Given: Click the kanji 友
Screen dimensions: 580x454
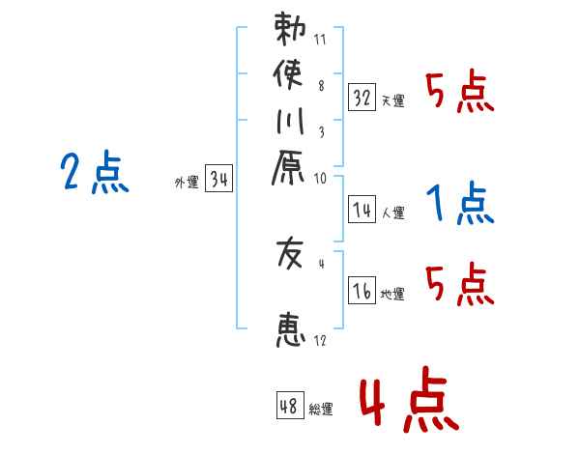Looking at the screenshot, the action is coord(289,255).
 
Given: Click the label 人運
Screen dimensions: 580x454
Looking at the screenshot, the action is coord(392,213).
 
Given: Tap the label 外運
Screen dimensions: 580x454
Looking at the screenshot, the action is coord(186,182).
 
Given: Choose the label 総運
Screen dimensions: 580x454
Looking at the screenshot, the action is coord(320,410).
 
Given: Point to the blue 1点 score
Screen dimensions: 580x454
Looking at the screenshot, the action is coord(458,204).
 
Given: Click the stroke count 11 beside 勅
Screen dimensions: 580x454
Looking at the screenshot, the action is coord(320,40).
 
